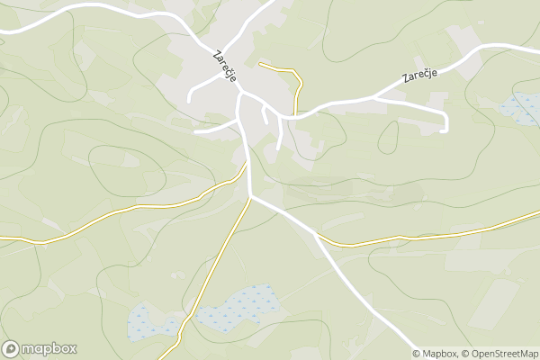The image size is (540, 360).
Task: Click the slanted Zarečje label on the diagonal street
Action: click(225, 66)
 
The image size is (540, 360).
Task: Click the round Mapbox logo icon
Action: click(12, 348)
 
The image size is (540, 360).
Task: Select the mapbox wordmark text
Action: click(49, 349)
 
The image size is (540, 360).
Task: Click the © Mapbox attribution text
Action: click(436, 354)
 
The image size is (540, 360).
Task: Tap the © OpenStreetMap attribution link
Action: click(500, 354)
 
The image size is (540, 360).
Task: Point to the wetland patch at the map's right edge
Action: click(520, 108)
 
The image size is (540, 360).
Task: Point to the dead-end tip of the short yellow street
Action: click(260, 64)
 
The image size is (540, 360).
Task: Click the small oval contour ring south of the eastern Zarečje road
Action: click(389, 137)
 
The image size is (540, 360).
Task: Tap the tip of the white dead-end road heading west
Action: click(195, 132)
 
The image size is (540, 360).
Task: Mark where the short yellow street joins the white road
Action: click(295, 115)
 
